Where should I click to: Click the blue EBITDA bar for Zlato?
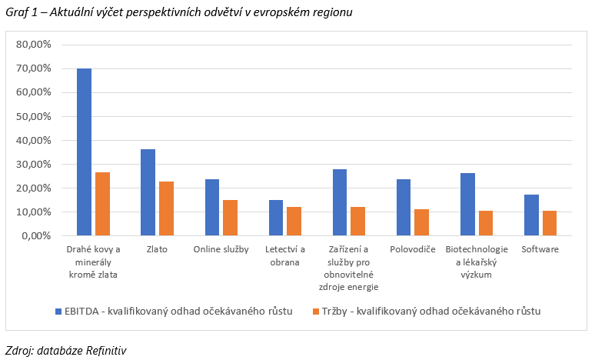148,192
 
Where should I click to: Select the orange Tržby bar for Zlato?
166,208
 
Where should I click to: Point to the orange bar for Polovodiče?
421,222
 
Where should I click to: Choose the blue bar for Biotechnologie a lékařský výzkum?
467,205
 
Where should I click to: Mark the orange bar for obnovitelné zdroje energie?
357,222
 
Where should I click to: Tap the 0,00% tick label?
36,235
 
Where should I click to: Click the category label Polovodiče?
412,249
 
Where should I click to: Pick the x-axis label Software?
540,249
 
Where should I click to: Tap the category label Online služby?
221,249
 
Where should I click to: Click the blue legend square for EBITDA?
58,311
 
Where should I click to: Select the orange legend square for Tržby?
305,311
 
